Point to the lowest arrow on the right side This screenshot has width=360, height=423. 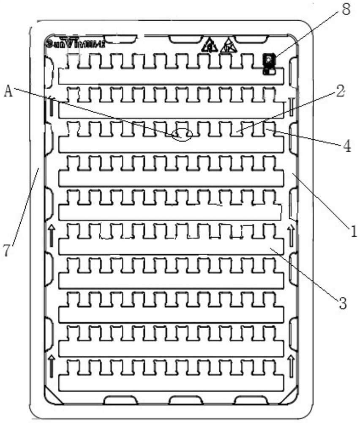click(291, 364)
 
